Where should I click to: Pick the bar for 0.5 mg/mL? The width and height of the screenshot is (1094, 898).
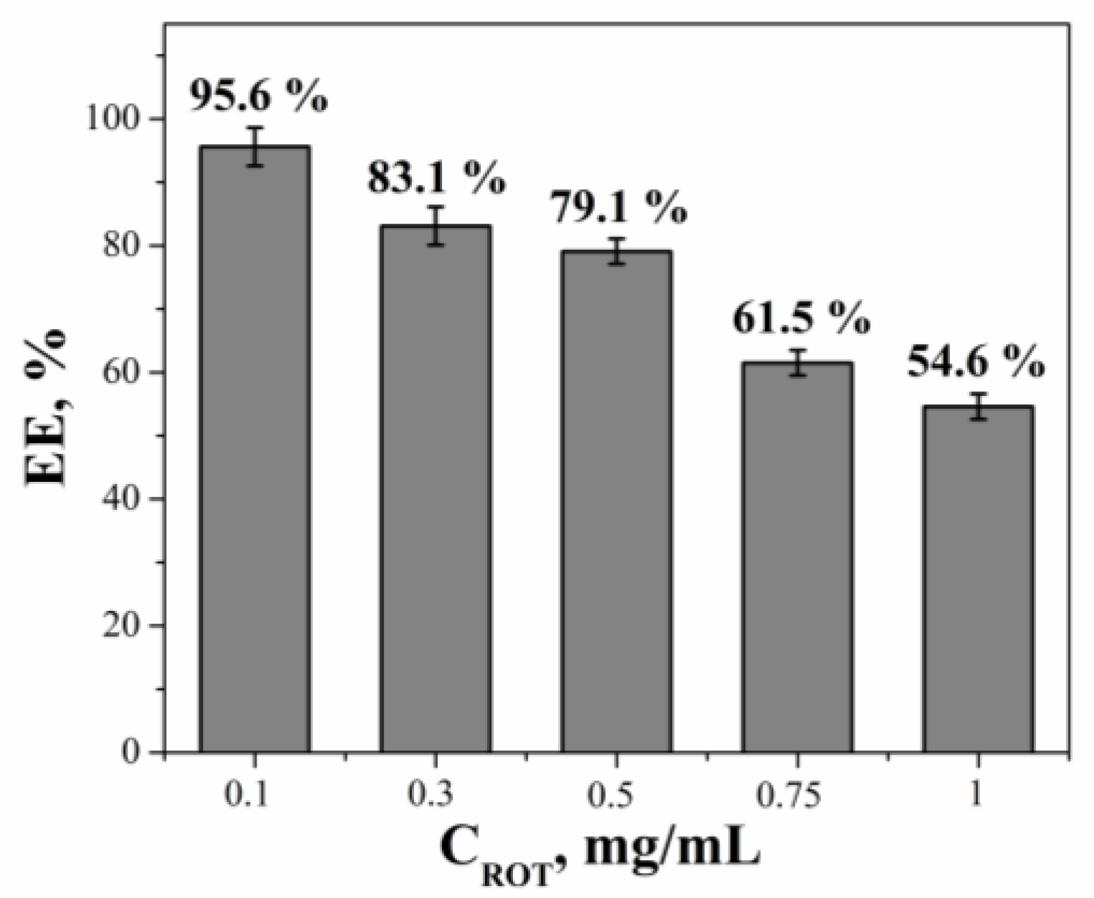(616, 501)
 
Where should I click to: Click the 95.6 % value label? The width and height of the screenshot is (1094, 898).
(258, 95)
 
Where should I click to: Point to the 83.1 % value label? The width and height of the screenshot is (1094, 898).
(436, 177)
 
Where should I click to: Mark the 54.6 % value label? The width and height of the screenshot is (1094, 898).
(975, 363)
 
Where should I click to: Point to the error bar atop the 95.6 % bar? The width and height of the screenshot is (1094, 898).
(255, 147)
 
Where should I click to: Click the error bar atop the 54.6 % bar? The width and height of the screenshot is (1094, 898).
(977, 406)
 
